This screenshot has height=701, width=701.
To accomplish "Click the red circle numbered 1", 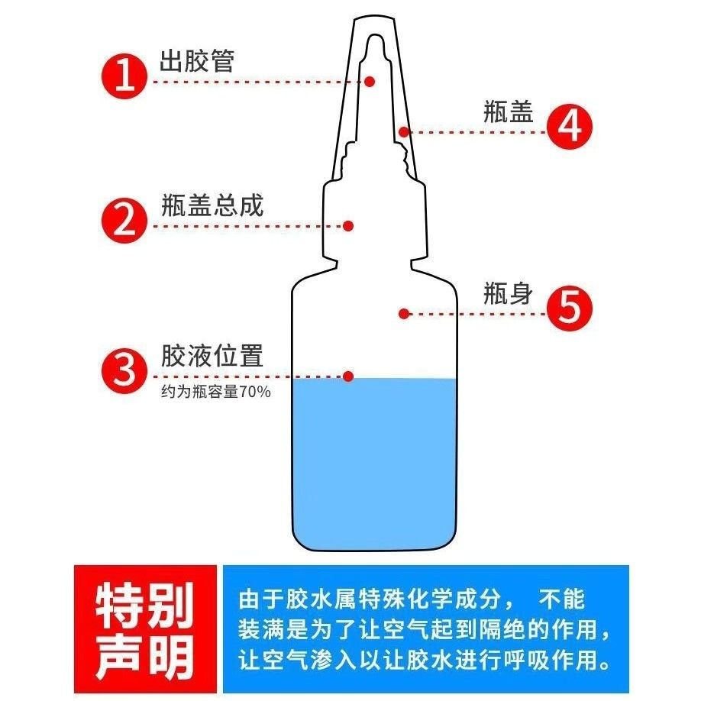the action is click(x=124, y=76).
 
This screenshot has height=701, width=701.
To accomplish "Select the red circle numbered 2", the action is click(x=124, y=221).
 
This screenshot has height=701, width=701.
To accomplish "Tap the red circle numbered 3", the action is click(x=124, y=371).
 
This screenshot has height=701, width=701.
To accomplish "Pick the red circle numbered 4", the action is click(x=570, y=127).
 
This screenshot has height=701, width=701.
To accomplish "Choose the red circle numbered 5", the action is click(x=570, y=309).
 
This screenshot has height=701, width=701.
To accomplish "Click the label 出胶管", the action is click(x=197, y=61).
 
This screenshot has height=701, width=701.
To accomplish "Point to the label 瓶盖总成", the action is click(x=212, y=205).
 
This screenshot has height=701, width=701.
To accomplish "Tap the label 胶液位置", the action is click(x=212, y=356).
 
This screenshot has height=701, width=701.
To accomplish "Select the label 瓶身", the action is click(x=508, y=294).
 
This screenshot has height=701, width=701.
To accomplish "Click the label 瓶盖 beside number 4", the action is click(x=509, y=111).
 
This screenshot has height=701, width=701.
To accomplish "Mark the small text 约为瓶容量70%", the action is click(x=216, y=392).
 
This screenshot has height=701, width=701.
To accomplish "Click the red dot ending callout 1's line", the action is click(x=370, y=82).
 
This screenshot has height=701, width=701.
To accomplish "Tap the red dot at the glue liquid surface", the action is click(x=348, y=376).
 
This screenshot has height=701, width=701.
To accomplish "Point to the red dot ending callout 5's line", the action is click(x=404, y=314).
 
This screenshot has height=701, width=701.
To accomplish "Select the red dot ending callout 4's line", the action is click(x=404, y=132).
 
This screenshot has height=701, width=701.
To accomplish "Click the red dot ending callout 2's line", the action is click(x=348, y=226).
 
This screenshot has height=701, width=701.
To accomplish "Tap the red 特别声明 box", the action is click(x=145, y=629).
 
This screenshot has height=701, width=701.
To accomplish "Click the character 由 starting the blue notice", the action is click(x=249, y=599).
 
